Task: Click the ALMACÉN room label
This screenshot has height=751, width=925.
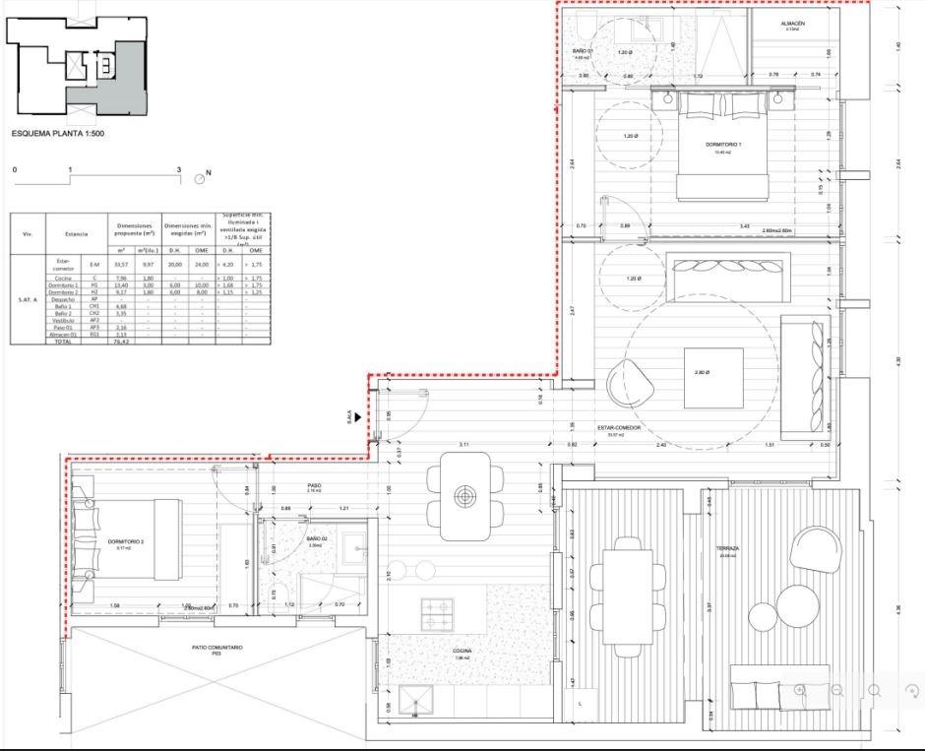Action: tap(793, 23)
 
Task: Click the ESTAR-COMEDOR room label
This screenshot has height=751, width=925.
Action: tap(618, 428)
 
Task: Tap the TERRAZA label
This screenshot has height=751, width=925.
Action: tap(727, 548)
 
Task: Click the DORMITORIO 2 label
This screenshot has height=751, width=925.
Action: tap(127, 541)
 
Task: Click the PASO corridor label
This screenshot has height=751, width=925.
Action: tap(315, 486)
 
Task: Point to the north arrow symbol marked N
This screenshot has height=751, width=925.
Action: tap(202, 177)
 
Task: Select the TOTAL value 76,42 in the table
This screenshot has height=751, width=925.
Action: tap(121, 341)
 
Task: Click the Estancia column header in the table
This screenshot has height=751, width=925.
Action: tap(77, 233)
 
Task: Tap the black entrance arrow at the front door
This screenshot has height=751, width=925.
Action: tap(360, 416)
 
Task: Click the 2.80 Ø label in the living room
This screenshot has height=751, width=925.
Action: tap(701, 372)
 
